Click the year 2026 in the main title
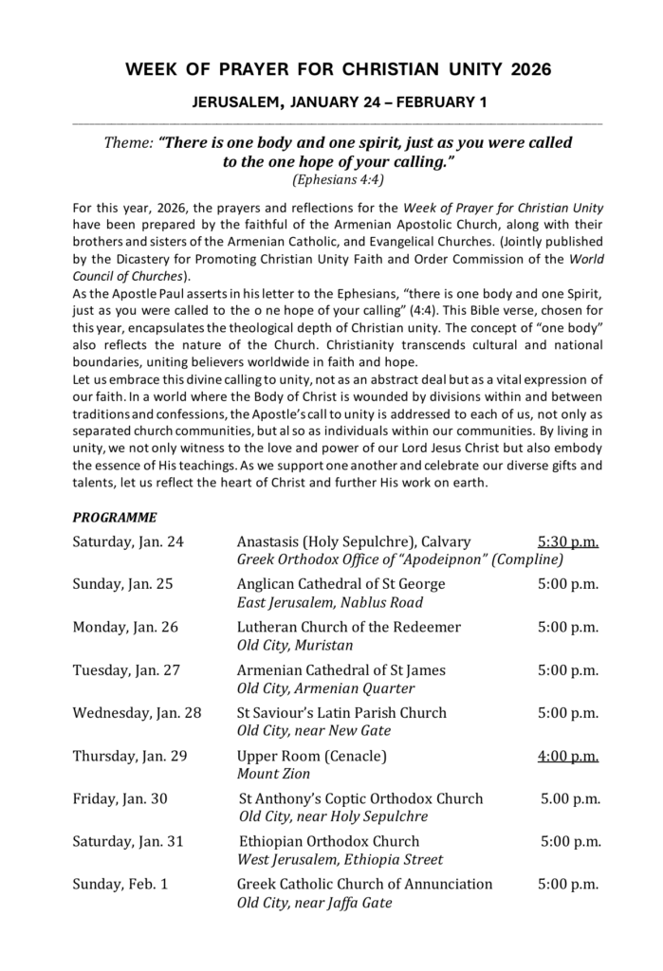(x=530, y=70)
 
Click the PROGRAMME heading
(x=115, y=518)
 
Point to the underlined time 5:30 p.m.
(x=567, y=541)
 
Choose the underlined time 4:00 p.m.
(x=567, y=756)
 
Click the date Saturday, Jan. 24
(x=128, y=541)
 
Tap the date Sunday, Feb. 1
(x=120, y=884)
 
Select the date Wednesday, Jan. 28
(x=138, y=712)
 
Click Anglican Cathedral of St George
(x=341, y=584)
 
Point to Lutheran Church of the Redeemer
(x=348, y=627)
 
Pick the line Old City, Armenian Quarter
(x=325, y=688)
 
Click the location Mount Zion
(x=268, y=774)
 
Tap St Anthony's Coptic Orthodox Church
(x=360, y=798)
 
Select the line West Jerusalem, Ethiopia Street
(x=340, y=859)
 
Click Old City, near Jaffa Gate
(x=314, y=903)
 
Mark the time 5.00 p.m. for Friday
(x=570, y=798)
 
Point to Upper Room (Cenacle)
(x=311, y=756)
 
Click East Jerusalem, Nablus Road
(x=329, y=602)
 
